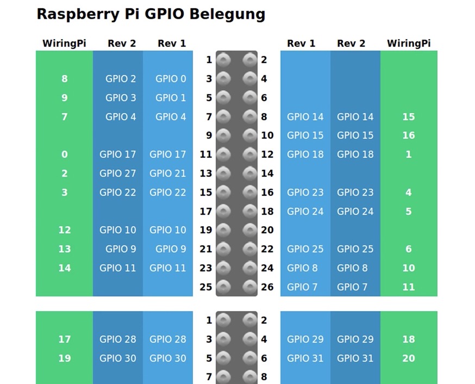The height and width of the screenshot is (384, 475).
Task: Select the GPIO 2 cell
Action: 121,79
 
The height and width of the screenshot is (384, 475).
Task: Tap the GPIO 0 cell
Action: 171,79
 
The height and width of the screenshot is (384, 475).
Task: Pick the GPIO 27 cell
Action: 118,174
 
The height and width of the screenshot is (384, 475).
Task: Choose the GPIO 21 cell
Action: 168,174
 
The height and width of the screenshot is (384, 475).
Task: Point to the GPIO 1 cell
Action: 171,98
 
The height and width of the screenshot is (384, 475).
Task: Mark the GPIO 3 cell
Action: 121,98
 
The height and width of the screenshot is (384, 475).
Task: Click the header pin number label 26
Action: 267,287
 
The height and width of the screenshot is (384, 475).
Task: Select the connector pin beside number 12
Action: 249,154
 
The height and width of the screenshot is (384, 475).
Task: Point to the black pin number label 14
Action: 267,174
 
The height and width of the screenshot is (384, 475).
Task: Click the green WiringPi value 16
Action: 409,135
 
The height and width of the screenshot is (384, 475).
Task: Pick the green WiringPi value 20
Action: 409,358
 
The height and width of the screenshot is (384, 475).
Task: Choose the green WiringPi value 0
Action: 65,154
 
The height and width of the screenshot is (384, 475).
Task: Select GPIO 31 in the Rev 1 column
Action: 305,358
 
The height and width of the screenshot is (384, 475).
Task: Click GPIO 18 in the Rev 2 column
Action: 355,154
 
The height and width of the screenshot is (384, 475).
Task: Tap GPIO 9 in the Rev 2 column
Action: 121,249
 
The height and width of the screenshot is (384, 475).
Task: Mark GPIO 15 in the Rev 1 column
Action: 305,135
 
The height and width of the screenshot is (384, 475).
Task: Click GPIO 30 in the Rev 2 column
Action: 118,358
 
